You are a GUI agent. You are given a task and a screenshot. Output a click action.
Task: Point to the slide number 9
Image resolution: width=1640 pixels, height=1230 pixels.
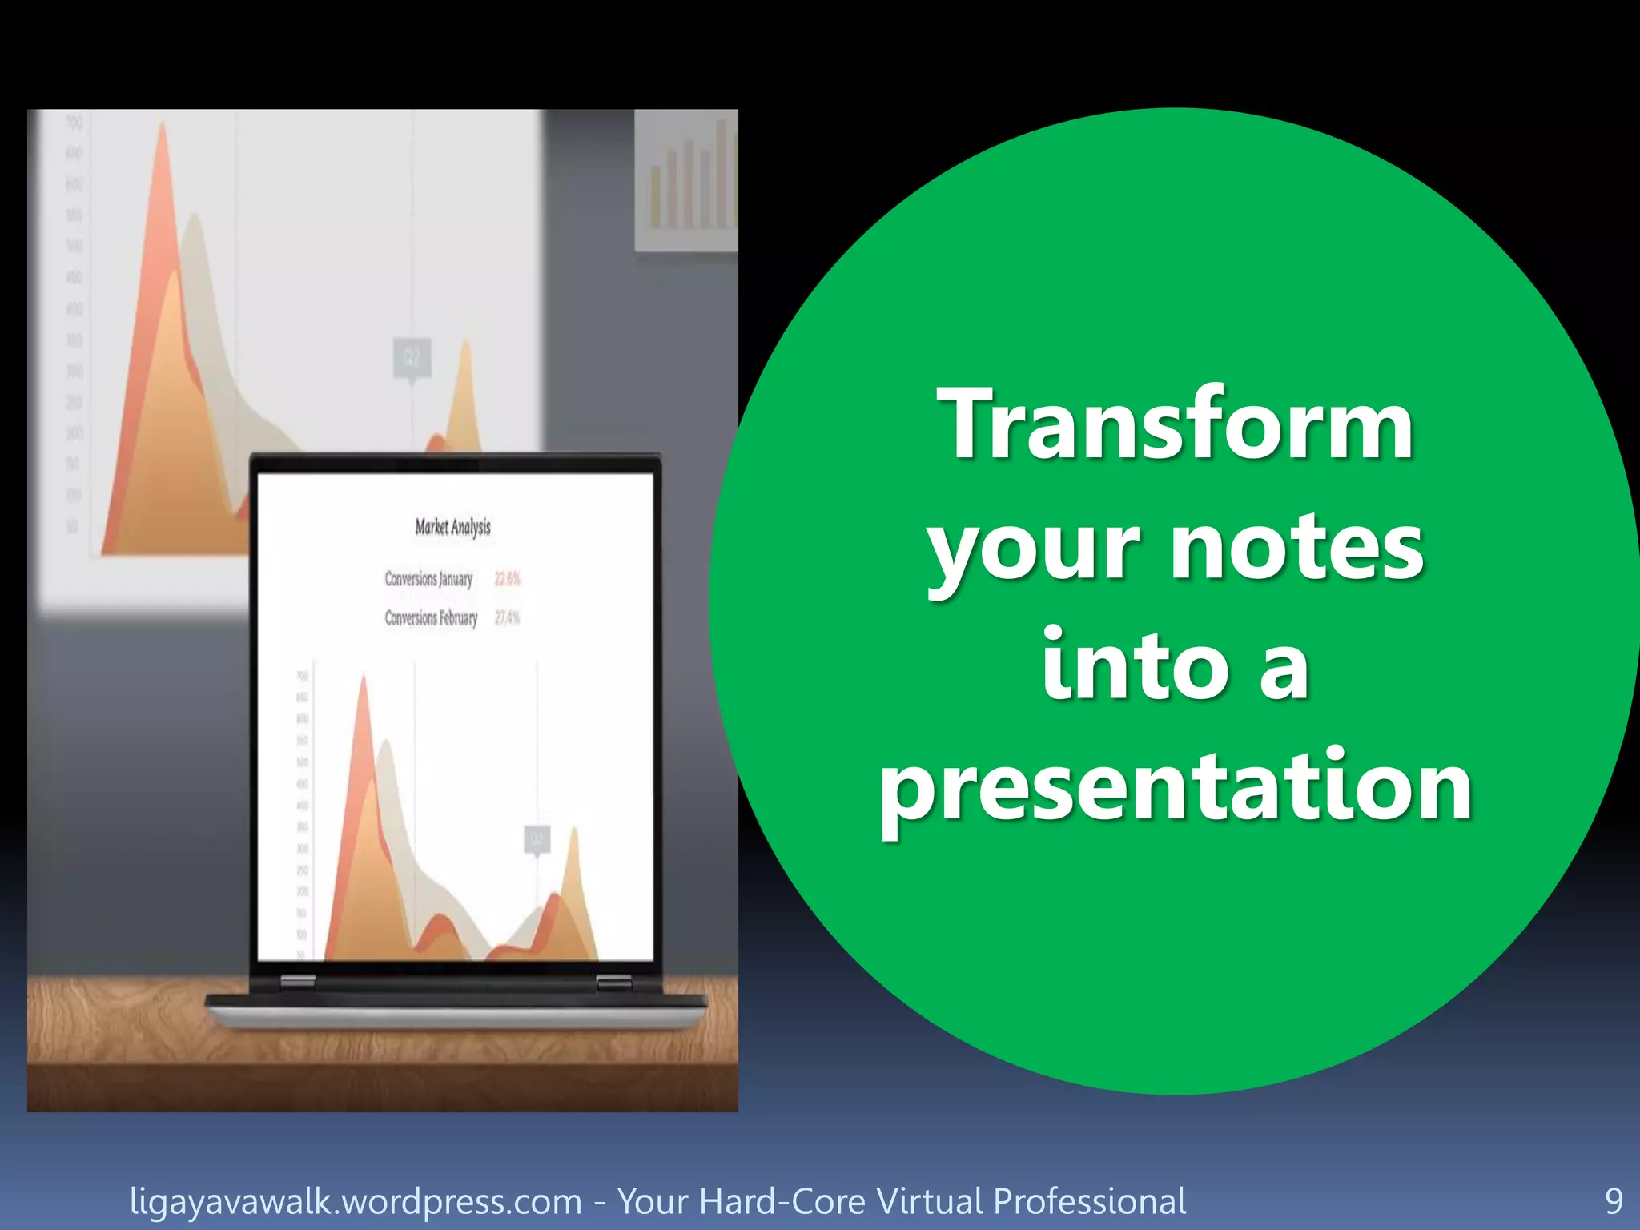click(1614, 1201)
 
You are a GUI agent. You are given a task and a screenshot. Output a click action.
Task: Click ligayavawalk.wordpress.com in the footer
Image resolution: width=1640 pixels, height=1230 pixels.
click(356, 1201)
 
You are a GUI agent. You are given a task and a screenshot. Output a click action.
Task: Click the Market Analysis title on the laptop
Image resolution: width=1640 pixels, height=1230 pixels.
click(452, 527)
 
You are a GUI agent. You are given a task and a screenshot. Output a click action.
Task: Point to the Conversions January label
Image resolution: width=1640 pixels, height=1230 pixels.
click(428, 578)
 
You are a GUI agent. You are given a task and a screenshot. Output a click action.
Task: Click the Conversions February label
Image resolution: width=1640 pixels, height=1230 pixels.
click(431, 617)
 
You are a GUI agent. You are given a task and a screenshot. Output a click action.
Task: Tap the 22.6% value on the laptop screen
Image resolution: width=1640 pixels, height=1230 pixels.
click(508, 578)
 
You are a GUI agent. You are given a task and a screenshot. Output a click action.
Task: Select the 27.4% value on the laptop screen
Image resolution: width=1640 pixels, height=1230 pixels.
click(508, 617)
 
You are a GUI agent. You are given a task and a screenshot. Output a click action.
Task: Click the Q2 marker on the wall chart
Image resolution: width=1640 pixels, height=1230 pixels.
click(412, 357)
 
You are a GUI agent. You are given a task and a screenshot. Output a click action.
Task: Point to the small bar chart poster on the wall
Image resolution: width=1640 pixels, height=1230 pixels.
click(686, 180)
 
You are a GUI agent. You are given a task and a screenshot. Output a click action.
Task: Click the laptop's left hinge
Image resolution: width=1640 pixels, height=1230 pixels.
click(297, 981)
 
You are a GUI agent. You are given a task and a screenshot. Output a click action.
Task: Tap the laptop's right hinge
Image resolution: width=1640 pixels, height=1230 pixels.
click(613, 981)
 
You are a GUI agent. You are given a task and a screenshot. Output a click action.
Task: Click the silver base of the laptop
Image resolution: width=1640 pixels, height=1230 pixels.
click(456, 1017)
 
